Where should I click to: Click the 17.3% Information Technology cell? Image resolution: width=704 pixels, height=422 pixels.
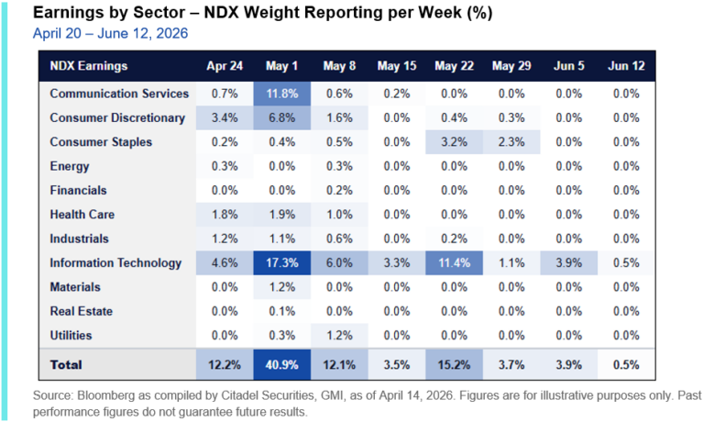click(x=282, y=263)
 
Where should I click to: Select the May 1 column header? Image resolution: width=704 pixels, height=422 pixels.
click(x=282, y=66)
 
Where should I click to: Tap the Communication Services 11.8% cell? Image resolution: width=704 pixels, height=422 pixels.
click(x=282, y=94)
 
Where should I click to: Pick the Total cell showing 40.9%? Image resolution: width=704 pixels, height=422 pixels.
click(x=282, y=364)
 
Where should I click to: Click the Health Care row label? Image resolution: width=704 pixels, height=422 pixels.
click(x=82, y=215)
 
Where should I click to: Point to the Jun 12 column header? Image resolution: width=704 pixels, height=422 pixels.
click(x=626, y=66)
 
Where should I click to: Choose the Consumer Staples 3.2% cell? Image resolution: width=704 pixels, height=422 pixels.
click(x=455, y=142)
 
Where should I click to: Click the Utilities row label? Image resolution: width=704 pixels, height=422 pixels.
click(x=71, y=335)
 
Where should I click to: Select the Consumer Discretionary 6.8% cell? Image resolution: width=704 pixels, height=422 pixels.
click(x=282, y=117)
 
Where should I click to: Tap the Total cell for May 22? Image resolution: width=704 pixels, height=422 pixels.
click(x=455, y=364)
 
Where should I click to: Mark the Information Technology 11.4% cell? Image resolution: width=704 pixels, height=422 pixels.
click(x=455, y=263)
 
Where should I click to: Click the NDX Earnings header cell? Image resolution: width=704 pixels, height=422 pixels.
click(x=89, y=66)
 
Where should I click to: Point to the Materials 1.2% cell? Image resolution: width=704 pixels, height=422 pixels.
click(x=282, y=287)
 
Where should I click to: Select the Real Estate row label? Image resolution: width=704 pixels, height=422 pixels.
click(x=82, y=311)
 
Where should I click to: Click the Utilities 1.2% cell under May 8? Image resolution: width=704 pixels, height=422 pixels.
click(x=339, y=335)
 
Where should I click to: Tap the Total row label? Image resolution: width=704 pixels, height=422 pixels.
click(x=66, y=364)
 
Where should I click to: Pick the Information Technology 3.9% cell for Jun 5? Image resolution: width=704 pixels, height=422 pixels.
click(x=569, y=263)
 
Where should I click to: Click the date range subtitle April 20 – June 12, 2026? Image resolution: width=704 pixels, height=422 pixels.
click(x=110, y=33)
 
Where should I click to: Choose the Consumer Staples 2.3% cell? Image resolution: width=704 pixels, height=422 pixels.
click(x=511, y=142)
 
